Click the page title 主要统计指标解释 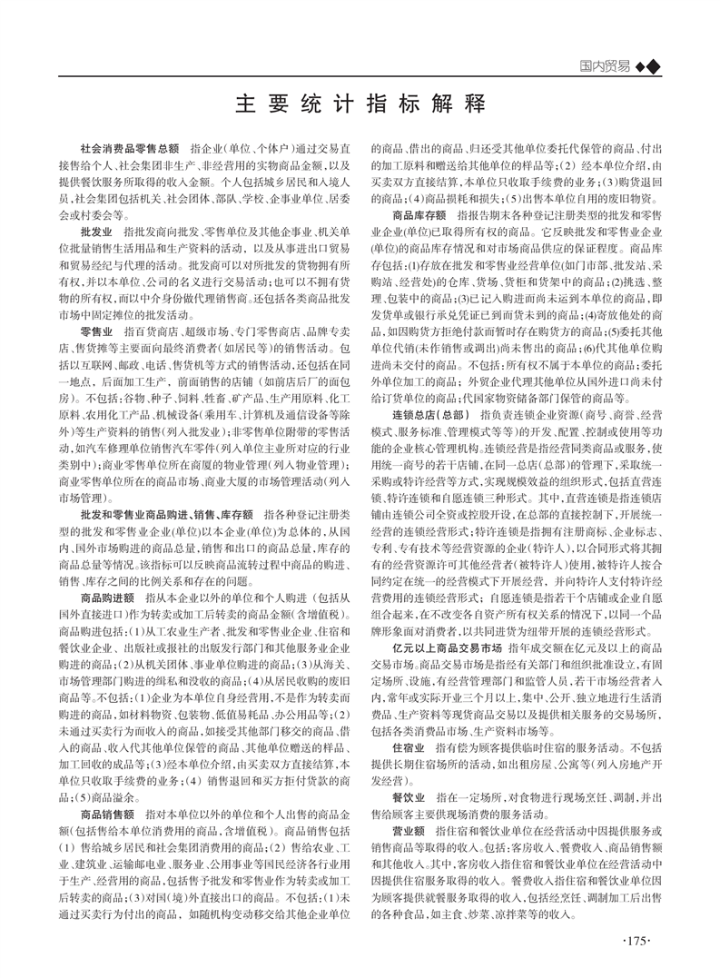[360, 103]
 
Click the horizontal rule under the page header [360, 77]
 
